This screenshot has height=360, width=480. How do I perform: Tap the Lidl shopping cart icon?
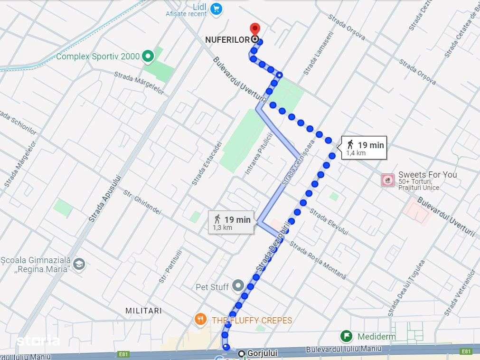coord(216,8)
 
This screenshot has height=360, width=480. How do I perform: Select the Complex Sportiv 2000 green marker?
coord(148,57)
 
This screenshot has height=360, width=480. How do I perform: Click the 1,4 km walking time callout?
coord(364,147)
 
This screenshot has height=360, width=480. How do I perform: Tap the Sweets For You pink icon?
coord(388,180)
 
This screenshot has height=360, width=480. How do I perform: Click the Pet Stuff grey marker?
coord(238,286)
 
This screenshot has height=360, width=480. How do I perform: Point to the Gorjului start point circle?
coord(242,353)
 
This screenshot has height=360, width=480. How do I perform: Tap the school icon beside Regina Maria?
coord(79,264)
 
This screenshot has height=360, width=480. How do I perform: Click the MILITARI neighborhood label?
coord(143,311)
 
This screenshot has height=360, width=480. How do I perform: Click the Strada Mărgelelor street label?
coord(139,83)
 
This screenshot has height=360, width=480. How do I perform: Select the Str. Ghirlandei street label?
coord(142,202)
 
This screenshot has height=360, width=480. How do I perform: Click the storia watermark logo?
coord(38,341)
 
